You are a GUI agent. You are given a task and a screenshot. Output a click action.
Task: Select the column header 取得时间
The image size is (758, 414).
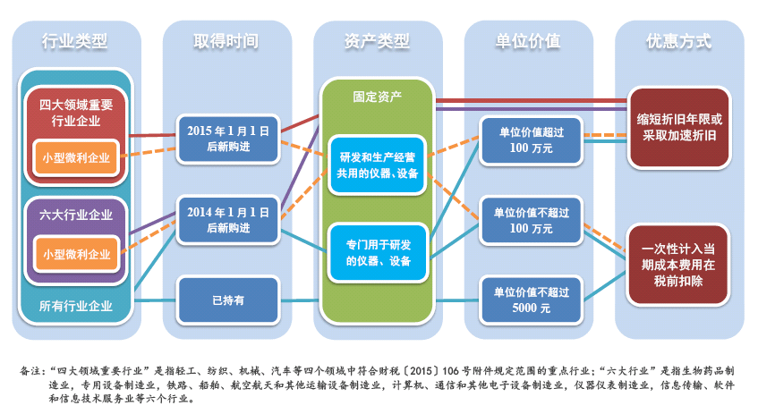coord(226,41)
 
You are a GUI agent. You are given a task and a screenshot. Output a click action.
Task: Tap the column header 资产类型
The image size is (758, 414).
coord(377,41)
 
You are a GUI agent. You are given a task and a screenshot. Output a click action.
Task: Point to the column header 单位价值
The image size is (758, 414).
coord(528,41)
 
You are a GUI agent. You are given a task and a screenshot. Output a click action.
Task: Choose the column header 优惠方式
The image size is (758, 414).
coord(679,41)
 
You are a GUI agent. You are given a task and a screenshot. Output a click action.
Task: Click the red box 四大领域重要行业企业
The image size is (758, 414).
coord(76,113)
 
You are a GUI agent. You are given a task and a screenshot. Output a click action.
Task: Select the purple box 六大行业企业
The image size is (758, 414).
coord(76,214)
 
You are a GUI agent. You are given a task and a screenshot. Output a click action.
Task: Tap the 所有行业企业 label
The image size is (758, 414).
coord(76,306)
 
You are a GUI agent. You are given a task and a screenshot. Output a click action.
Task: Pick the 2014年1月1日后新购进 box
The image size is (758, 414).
coord(228,220)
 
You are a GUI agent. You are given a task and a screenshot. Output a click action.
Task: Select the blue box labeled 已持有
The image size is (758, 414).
coord(228,300)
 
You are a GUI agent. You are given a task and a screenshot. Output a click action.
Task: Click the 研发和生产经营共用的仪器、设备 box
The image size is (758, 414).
coord(377,165)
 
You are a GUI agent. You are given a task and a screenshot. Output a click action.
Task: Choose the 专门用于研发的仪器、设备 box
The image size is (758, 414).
coord(377,251)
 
